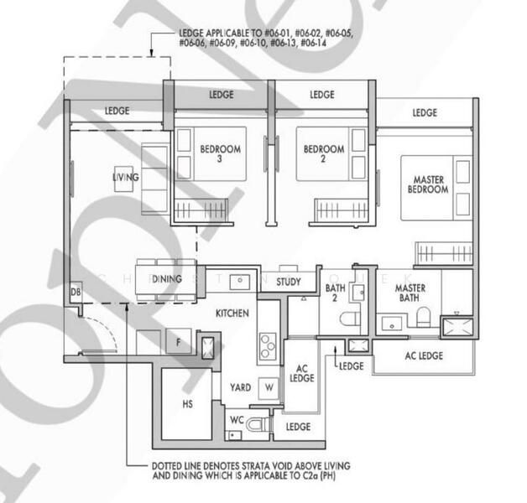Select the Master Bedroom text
(x=428, y=184)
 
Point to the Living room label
(x=126, y=178)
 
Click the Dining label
(x=167, y=279)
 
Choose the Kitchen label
(x=232, y=313)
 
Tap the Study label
(x=288, y=283)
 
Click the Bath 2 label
(x=336, y=293)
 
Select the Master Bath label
(x=410, y=293)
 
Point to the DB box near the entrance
(x=76, y=292)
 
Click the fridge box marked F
(x=177, y=342)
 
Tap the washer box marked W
(x=269, y=387)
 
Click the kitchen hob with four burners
(x=268, y=345)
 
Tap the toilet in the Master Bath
(x=423, y=317)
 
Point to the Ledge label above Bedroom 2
(x=322, y=95)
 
